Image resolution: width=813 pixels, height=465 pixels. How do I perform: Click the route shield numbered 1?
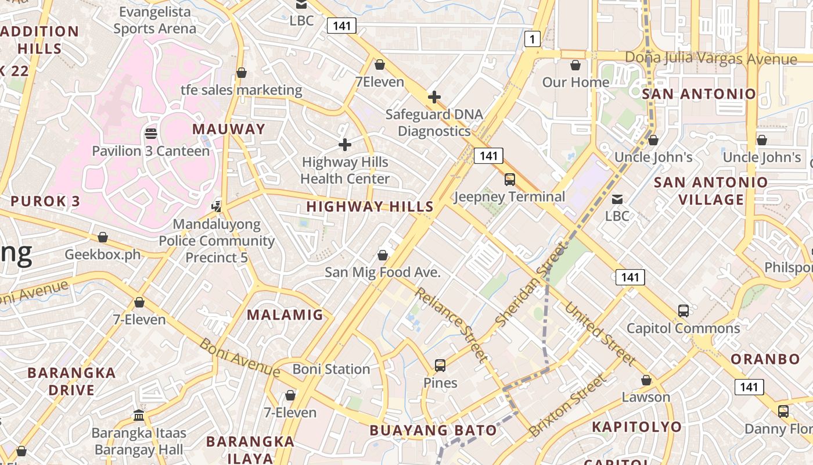click(532, 40)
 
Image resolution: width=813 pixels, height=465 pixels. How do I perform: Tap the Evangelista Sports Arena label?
click(155, 20)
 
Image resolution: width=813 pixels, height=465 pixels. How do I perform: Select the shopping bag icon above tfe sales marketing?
click(242, 73)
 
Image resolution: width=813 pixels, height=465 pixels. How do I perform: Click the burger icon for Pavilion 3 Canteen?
click(151, 134)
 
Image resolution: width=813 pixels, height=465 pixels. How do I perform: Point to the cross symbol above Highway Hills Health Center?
click(345, 144)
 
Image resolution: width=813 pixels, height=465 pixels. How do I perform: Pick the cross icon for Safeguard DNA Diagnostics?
click(434, 97)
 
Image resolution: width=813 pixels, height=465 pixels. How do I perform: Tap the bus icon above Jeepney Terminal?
click(509, 179)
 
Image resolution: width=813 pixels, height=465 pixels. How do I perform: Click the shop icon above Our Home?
click(575, 65)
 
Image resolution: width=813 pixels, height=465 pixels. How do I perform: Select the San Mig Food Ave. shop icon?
click(383, 255)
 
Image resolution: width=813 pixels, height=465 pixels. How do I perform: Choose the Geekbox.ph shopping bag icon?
click(103, 237)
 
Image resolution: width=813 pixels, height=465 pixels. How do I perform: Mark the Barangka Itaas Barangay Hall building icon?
click(139, 415)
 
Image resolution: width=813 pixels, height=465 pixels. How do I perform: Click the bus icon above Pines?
click(440, 366)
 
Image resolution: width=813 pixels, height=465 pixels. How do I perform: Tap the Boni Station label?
click(331, 369)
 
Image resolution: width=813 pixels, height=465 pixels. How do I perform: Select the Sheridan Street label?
click(530, 284)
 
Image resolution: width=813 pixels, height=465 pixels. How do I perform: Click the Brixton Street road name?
click(567, 406)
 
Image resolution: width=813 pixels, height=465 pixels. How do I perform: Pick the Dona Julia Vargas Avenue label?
click(711, 59)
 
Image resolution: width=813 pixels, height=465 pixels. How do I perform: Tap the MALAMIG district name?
click(285, 315)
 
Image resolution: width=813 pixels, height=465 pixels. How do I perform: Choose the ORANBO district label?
click(765, 359)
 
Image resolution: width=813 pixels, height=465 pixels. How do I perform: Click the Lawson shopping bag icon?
click(646, 380)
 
